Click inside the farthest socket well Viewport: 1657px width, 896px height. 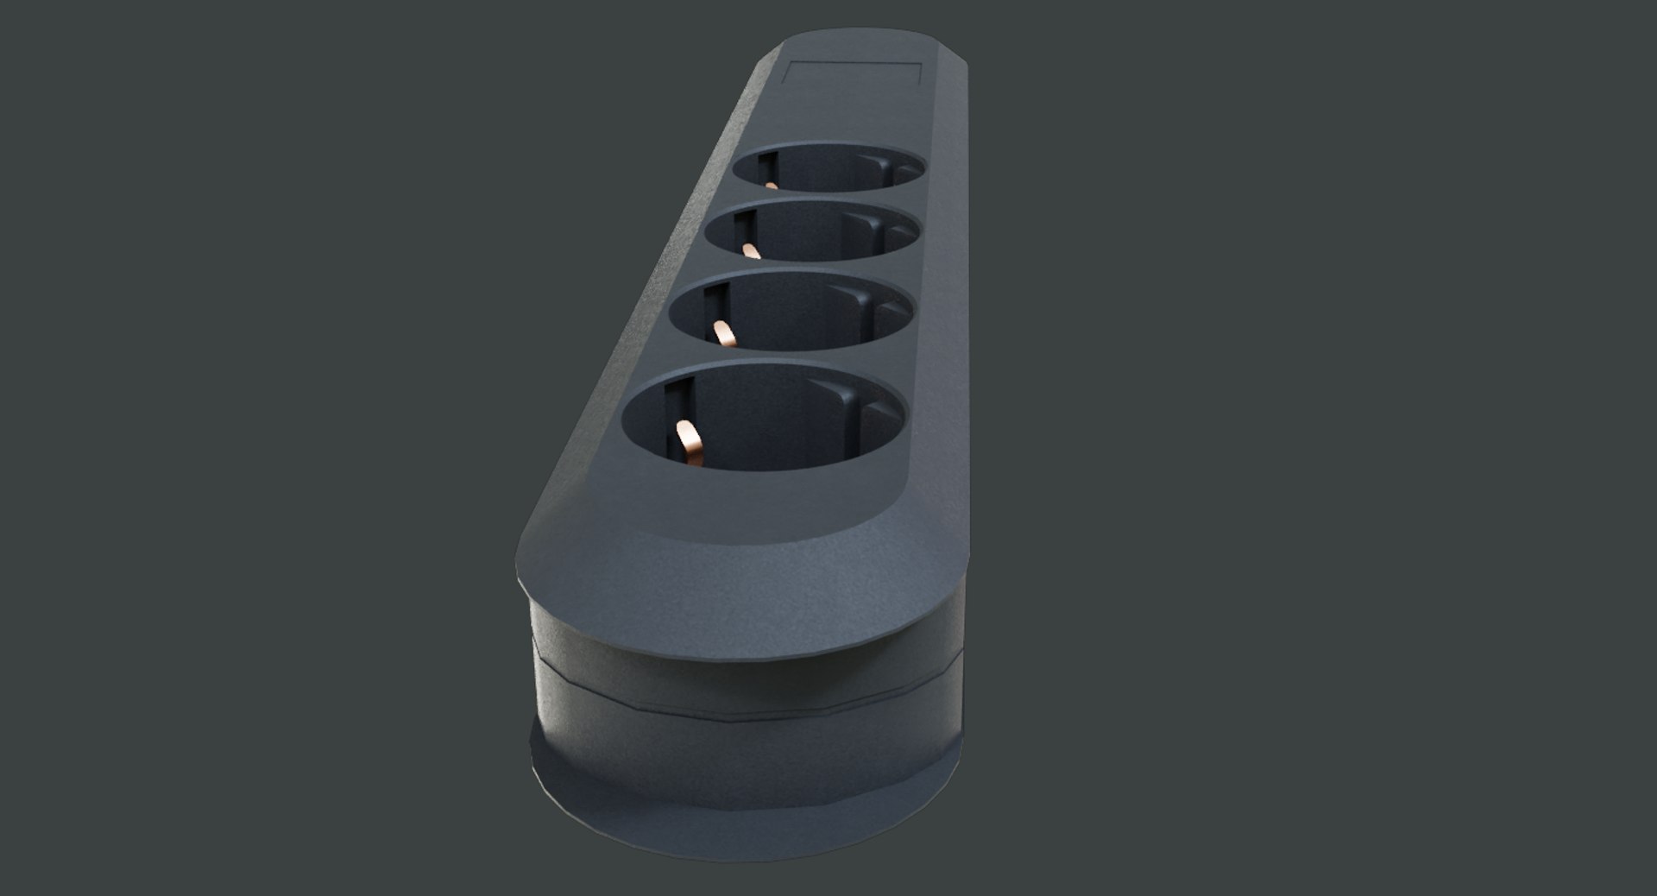(x=828, y=173)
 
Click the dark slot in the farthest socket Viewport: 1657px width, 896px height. (x=763, y=164)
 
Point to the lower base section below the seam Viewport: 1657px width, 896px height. (x=742, y=760)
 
